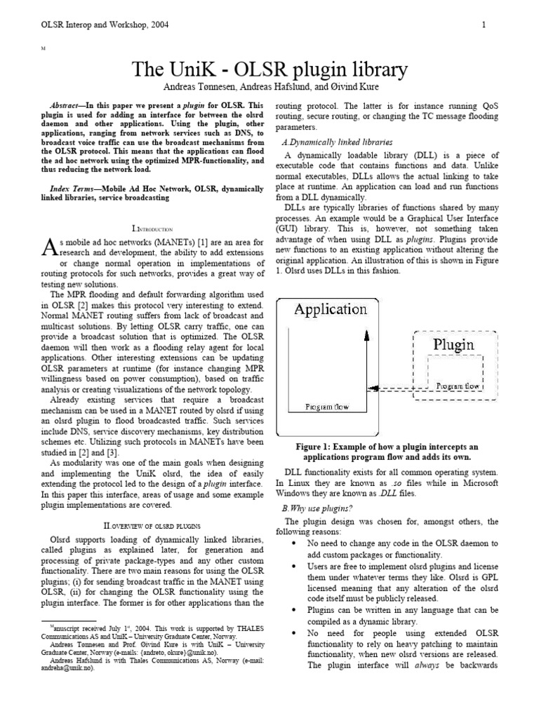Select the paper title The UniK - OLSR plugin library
[x=269, y=69]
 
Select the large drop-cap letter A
[x=49, y=247]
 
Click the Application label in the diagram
[x=330, y=309]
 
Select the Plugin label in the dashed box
[x=453, y=344]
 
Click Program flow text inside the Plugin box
[x=457, y=386]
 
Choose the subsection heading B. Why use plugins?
[x=317, y=508]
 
